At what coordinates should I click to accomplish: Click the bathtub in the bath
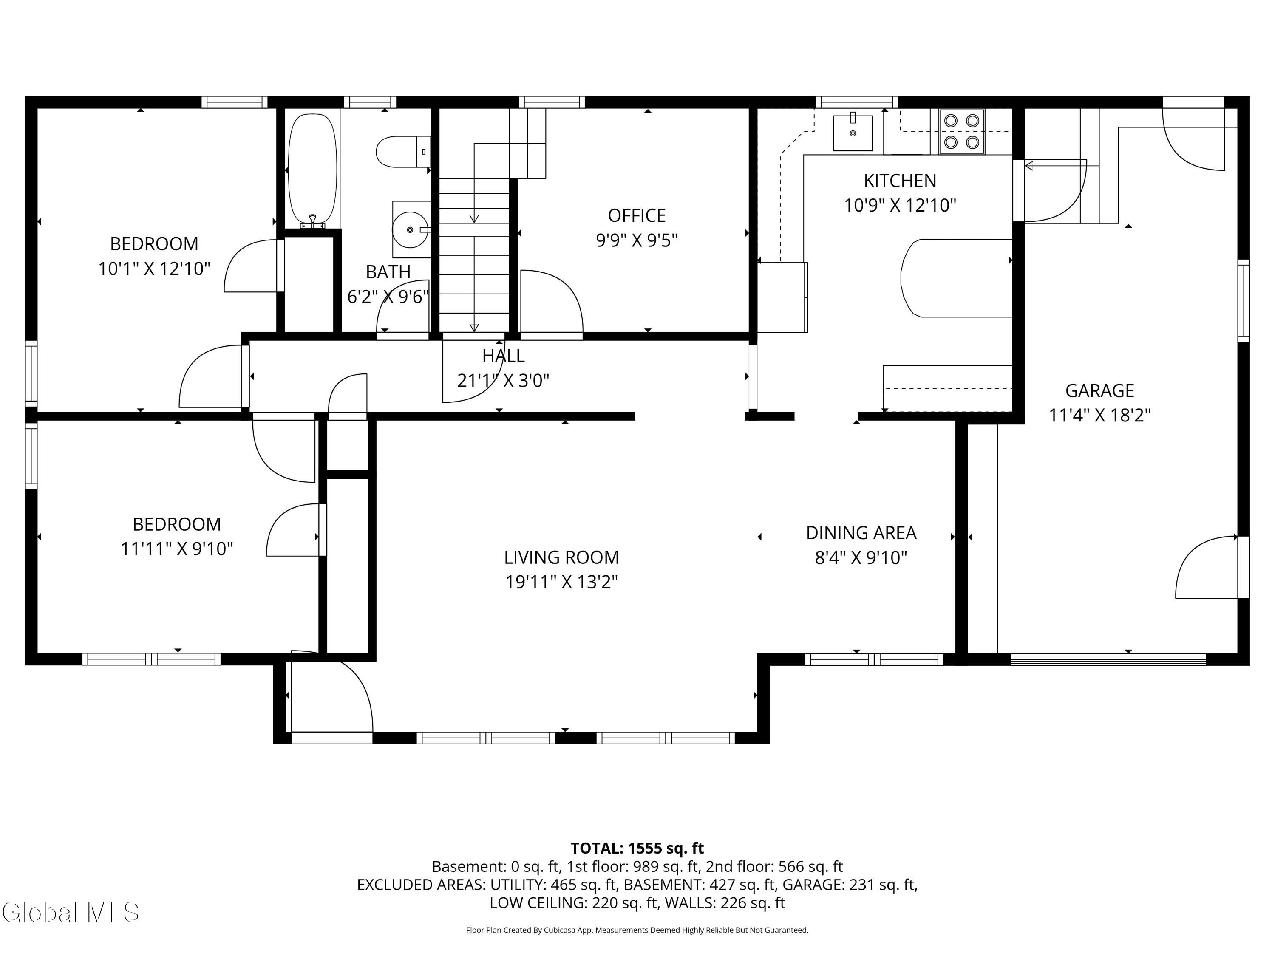312,170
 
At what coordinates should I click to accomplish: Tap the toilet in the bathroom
403,152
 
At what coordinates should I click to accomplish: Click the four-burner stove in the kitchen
961,131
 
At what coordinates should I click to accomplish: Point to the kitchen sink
853,133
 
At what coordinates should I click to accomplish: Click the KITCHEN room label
900,181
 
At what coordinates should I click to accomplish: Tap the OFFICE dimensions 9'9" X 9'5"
636,240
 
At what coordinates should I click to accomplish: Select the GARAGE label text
1099,391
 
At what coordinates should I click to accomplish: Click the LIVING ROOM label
561,557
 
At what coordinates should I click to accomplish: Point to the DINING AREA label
861,533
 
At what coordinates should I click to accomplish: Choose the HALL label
503,356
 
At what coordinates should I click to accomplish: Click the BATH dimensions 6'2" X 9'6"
388,296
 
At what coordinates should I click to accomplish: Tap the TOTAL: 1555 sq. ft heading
637,848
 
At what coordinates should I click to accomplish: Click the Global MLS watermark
70,912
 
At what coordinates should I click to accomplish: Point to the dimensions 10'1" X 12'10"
154,269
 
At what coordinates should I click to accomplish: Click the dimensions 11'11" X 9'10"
176,549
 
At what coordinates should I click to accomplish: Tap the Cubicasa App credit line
637,930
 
